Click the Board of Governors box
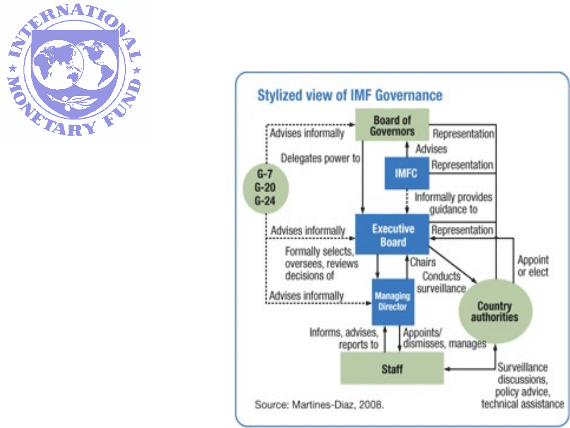(392, 125)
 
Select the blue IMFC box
(406, 173)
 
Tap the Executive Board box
(392, 235)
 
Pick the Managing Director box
(392, 301)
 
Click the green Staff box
(392, 369)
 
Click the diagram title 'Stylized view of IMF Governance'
(349, 95)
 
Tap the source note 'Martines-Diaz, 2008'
(319, 405)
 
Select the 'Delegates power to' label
(320, 158)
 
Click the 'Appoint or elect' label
(533, 266)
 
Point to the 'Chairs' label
(423, 262)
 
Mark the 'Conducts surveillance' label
(441, 282)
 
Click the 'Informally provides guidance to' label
(453, 203)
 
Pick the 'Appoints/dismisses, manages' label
(444, 338)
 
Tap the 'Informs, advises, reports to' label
(344, 338)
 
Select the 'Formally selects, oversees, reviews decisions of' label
(321, 264)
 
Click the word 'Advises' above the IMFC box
(431, 149)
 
